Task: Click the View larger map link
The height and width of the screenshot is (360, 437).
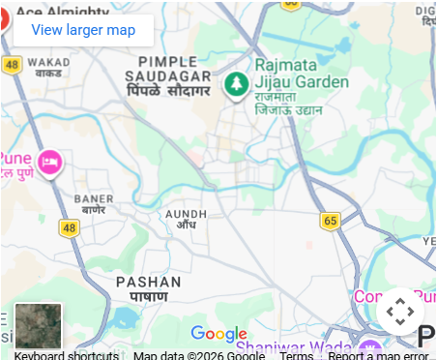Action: tap(83, 30)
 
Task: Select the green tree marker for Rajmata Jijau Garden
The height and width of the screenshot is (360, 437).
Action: tap(234, 85)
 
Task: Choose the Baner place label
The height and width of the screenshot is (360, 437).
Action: tap(93, 203)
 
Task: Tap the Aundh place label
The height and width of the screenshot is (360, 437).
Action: tap(186, 218)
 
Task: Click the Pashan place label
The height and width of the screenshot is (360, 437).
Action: tap(148, 287)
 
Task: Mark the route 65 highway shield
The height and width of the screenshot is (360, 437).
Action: tap(331, 221)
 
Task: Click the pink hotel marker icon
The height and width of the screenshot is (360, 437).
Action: tap(49, 162)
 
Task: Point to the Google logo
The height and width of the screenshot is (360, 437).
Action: tap(218, 334)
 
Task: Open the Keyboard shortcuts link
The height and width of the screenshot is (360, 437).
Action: tap(67, 355)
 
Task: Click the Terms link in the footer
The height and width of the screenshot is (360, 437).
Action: tap(296, 355)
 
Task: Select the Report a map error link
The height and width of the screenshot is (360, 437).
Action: tap(378, 355)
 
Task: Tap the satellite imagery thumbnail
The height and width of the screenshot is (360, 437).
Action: tap(39, 326)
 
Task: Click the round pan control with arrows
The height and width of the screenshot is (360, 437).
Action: tap(399, 312)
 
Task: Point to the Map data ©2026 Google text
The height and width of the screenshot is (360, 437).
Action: tap(199, 355)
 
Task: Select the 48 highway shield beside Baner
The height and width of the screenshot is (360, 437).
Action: tap(68, 227)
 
